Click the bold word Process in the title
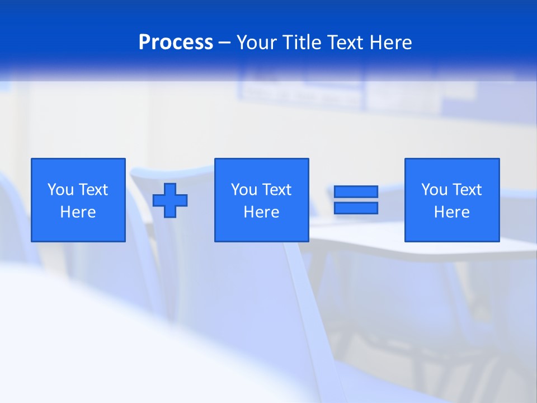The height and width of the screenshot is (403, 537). click(x=176, y=43)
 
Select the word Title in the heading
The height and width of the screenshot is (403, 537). click(x=302, y=43)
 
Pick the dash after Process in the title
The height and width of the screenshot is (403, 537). click(x=225, y=43)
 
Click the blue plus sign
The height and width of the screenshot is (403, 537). click(x=170, y=200)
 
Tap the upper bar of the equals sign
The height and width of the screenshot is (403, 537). click(x=356, y=192)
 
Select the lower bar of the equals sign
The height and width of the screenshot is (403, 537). click(x=356, y=208)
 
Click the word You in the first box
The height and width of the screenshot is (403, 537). click(x=60, y=190)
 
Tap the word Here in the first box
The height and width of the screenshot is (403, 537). click(x=78, y=212)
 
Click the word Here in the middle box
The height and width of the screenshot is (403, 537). click(x=261, y=212)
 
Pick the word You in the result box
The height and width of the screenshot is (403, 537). click(x=434, y=190)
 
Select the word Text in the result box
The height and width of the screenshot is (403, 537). click(x=468, y=190)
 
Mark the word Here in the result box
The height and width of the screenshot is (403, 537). click(x=451, y=212)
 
